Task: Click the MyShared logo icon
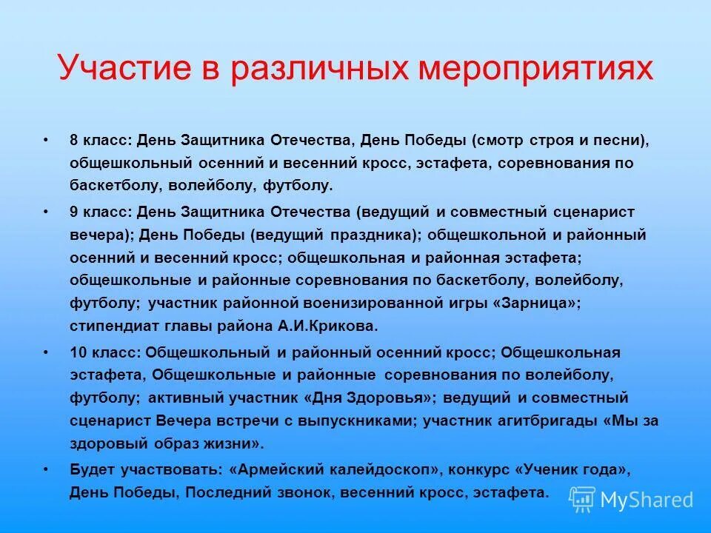pos(582,499)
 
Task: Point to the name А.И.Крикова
pos(338,326)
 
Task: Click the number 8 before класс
pos(74,139)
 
